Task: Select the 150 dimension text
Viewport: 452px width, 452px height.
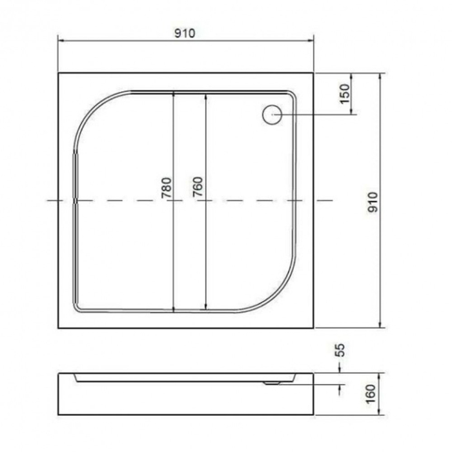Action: [x=344, y=95]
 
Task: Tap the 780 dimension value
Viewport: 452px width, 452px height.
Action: [x=166, y=188]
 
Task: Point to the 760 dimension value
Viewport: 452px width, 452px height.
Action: [x=198, y=188]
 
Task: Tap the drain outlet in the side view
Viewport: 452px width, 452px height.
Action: [x=272, y=382]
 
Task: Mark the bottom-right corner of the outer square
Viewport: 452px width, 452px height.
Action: [x=314, y=328]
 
